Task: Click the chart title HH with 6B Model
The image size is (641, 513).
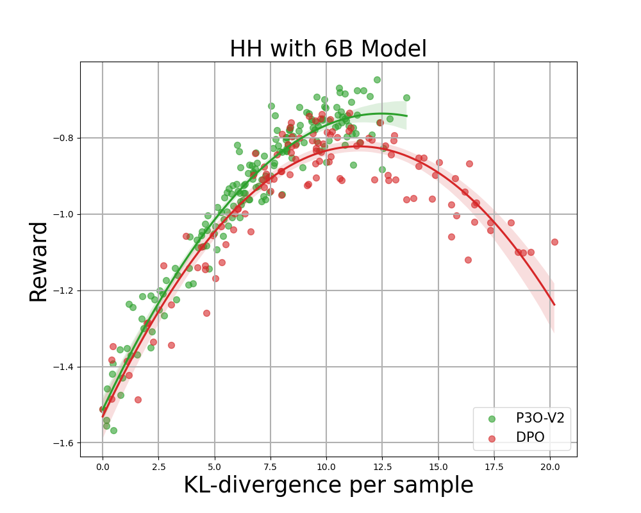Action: point(328,49)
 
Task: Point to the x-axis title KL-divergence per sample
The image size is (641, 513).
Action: point(328,485)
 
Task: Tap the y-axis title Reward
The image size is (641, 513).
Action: point(39,261)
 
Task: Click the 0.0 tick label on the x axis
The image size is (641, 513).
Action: point(103,467)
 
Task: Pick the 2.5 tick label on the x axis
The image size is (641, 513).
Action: point(158,467)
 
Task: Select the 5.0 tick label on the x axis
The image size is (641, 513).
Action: point(214,467)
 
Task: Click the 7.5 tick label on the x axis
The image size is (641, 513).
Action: point(270,467)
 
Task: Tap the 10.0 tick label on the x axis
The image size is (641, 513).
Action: point(326,467)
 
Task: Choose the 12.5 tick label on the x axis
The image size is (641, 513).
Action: point(382,467)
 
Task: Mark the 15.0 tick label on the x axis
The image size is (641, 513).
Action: point(438,467)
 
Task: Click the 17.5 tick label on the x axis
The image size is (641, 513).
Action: point(494,467)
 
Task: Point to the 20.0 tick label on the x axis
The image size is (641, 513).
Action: point(550,467)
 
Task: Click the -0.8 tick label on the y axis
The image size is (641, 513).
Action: point(62,138)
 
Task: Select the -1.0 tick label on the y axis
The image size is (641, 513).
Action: point(62,214)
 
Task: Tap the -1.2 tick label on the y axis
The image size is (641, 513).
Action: point(62,290)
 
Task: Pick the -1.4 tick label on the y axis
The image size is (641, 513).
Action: point(62,367)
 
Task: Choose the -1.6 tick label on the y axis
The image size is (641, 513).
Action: point(62,443)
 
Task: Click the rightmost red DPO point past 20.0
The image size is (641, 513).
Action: point(554,242)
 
